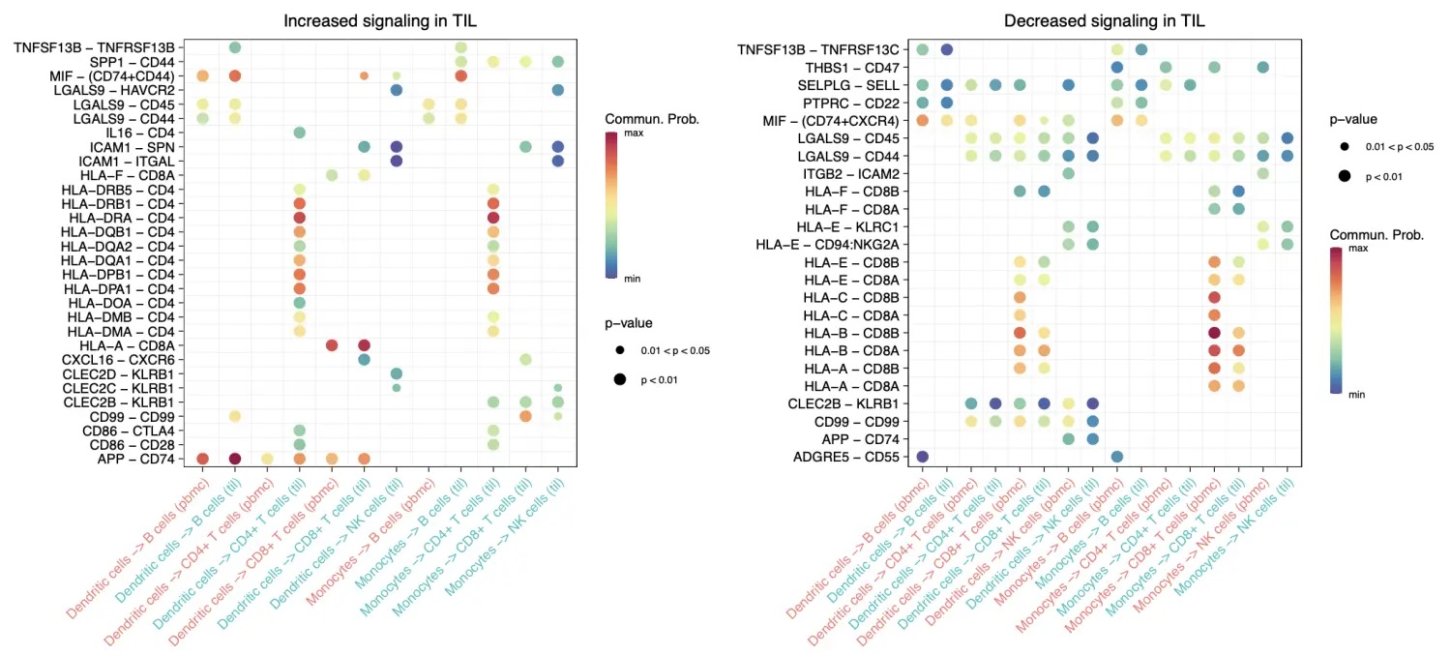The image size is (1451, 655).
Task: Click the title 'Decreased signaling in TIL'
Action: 1104,20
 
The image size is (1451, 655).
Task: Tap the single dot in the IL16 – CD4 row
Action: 300,132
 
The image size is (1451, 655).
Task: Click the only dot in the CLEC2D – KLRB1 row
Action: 396,373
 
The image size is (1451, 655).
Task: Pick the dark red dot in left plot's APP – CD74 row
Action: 235,459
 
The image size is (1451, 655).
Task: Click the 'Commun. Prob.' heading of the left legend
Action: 652,119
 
